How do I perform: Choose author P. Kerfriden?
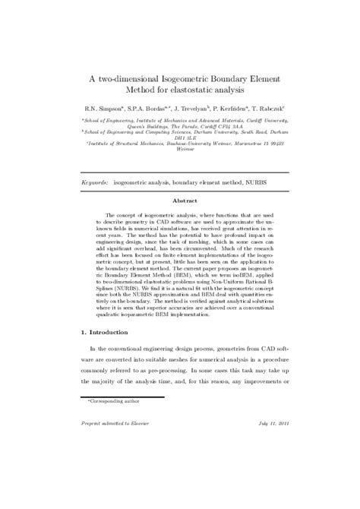click(x=247, y=108)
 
